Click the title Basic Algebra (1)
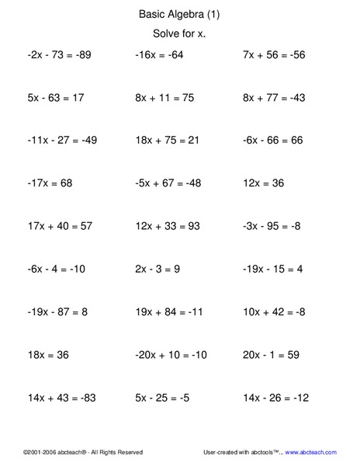click(x=179, y=13)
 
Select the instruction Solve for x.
click(x=179, y=34)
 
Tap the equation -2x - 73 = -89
click(x=58, y=56)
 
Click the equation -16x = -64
click(x=159, y=56)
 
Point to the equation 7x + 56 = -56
click(x=274, y=56)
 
